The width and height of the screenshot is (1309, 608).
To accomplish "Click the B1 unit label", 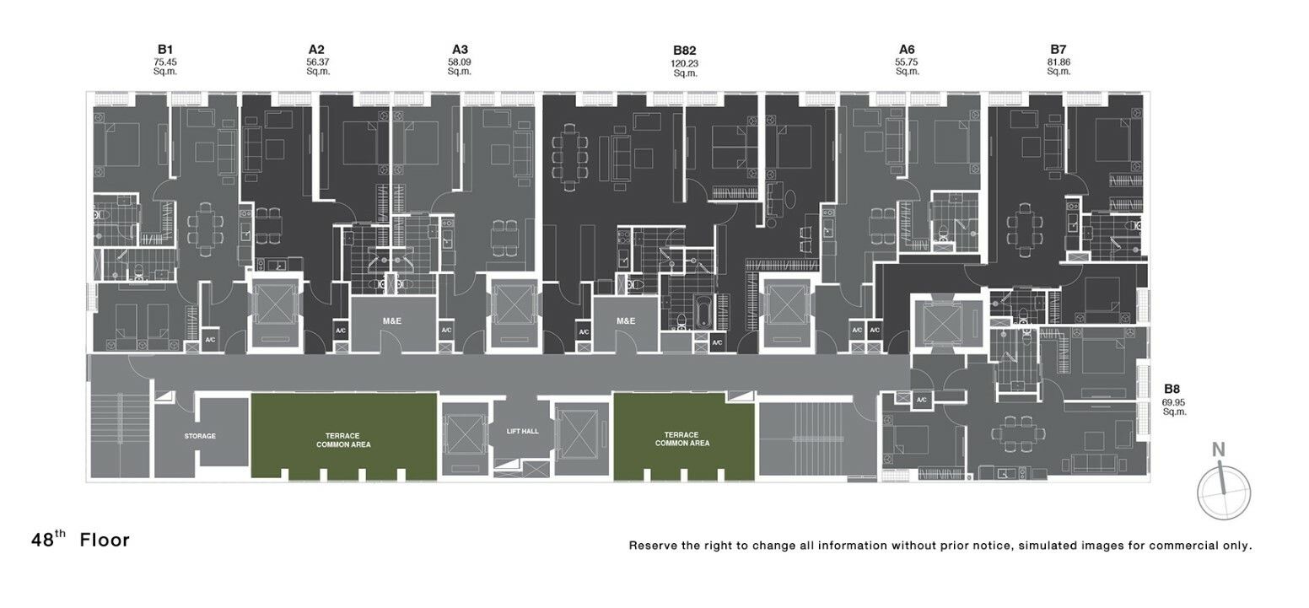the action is (x=165, y=50).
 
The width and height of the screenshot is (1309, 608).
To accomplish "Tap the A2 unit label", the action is (x=316, y=50).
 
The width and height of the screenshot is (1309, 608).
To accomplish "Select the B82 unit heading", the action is (x=684, y=51).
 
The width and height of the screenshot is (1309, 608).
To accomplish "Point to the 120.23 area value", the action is (x=684, y=63).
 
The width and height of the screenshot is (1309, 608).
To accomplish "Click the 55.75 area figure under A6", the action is (x=907, y=62).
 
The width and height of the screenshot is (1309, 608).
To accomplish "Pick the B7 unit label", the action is (x=1058, y=50).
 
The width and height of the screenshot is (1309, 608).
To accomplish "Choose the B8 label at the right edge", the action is (x=1172, y=389).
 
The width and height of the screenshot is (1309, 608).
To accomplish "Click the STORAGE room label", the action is (x=200, y=436).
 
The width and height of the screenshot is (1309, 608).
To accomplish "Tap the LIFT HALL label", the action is (x=522, y=432).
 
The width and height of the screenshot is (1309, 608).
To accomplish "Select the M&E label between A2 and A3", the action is (x=392, y=321).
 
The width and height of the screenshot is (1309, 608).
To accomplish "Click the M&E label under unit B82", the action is (x=626, y=321).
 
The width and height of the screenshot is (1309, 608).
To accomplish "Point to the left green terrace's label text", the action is (x=343, y=440).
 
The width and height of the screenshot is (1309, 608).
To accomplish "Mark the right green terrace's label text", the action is (x=682, y=439).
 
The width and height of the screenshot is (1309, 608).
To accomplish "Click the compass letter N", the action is (x=1219, y=449).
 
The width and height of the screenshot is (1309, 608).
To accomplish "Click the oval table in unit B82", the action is (x=789, y=199).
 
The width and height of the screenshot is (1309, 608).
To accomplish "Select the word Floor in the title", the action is (x=105, y=541).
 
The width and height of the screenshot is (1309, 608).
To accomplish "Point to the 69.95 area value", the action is (x=1173, y=402).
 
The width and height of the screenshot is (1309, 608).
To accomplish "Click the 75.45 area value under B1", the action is (x=165, y=62).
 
